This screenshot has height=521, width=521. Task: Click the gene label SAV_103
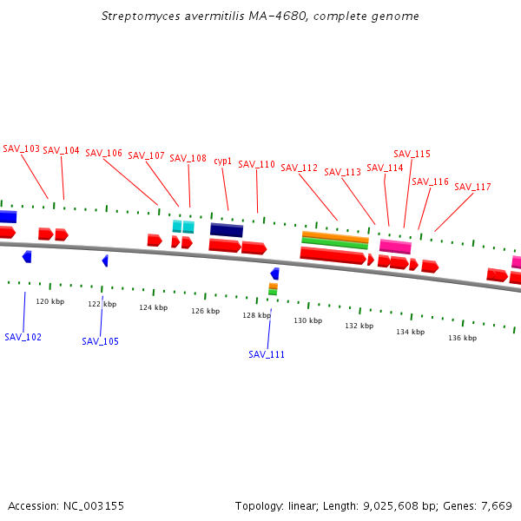22,148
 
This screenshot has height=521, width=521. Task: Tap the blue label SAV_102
23,337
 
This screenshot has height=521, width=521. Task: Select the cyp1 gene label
223,161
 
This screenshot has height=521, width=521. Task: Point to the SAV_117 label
472,187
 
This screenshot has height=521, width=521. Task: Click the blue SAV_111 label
267,354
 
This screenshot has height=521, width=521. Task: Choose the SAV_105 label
101,341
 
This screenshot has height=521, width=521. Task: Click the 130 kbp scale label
307,320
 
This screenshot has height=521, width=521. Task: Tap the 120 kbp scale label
49,301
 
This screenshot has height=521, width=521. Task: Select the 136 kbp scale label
462,338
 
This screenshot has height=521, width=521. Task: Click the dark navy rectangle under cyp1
227,230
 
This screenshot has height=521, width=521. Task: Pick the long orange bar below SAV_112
335,235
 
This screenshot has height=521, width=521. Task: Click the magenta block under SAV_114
395,247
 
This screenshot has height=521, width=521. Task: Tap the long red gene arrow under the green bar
333,255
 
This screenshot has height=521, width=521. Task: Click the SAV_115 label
412,154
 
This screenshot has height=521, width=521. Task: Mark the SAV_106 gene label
103,153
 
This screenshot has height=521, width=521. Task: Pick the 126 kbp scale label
205,311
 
